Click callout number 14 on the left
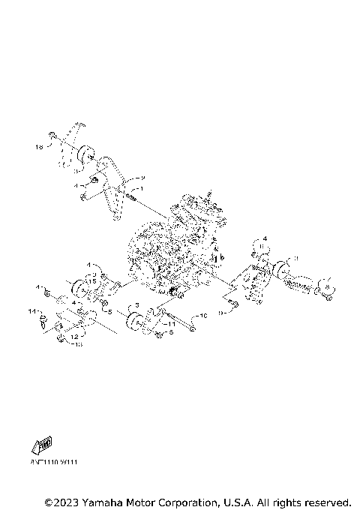pyautogui.click(x=32, y=310)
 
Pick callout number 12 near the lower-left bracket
pyautogui.click(x=75, y=337)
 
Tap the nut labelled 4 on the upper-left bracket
pyautogui.click(x=96, y=182)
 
